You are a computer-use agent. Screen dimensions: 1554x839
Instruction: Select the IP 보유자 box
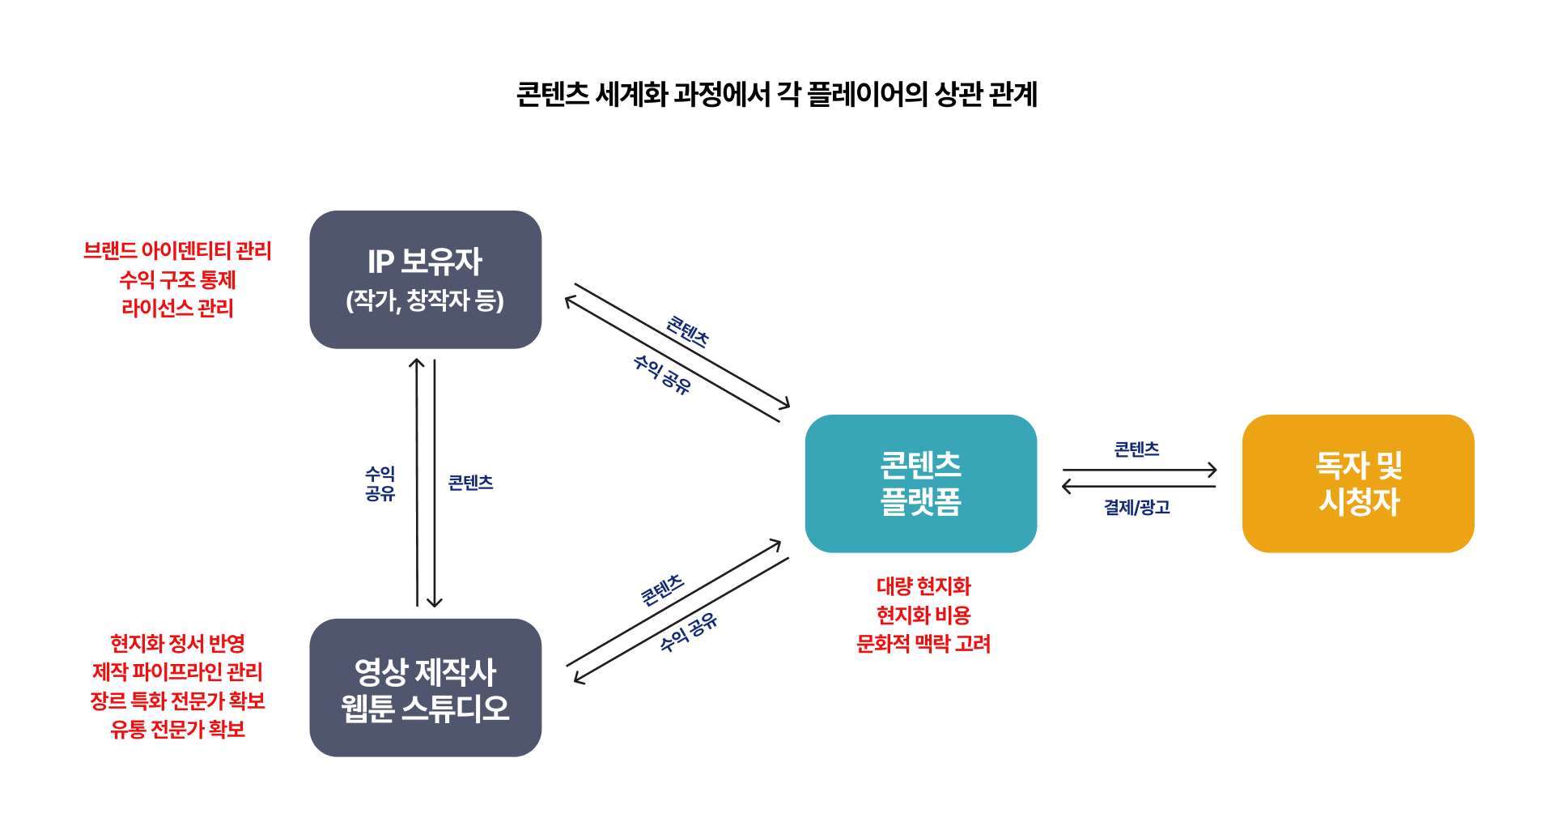(x=426, y=279)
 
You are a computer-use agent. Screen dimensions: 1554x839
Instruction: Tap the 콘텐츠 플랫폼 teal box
(x=921, y=483)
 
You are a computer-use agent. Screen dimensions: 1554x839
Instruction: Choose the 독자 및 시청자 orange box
(x=1358, y=483)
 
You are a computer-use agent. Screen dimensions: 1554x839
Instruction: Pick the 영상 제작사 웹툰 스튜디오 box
(x=426, y=688)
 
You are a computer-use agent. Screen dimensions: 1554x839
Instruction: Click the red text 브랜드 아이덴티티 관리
(x=177, y=251)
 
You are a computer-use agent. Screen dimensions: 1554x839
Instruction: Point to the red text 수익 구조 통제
(x=177, y=279)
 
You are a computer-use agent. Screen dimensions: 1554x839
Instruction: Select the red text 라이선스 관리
(x=177, y=308)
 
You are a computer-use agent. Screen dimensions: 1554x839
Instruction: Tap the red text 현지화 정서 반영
(x=177, y=643)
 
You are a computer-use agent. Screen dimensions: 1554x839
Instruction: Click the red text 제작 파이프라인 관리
(x=177, y=671)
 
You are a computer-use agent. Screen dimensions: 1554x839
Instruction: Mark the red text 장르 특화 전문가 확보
(x=177, y=701)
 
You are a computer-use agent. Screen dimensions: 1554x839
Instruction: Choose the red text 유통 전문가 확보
(x=177, y=729)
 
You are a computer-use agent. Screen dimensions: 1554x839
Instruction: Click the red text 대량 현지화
(x=923, y=586)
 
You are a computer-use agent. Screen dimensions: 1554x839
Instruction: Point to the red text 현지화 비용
(x=923, y=615)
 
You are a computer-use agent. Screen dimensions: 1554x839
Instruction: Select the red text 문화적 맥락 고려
(x=923, y=643)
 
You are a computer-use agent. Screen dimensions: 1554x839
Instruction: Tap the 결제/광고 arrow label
(x=1137, y=507)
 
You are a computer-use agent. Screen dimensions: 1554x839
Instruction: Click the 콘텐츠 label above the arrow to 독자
(x=1137, y=449)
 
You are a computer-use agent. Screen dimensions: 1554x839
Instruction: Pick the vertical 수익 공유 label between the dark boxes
(x=380, y=483)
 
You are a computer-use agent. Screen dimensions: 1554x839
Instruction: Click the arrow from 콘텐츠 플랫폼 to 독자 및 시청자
(x=1140, y=470)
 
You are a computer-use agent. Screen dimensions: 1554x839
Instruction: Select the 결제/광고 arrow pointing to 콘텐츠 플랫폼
(x=1139, y=486)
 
